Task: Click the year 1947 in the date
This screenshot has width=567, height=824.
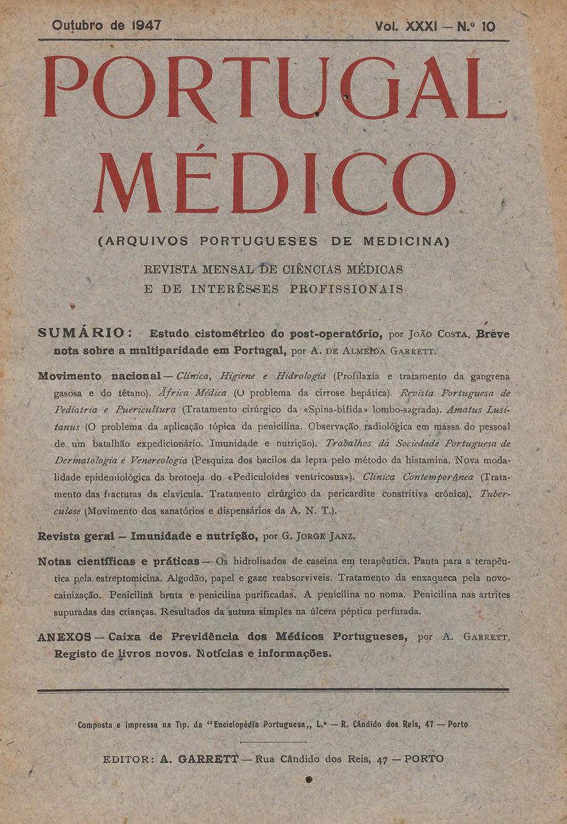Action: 146,26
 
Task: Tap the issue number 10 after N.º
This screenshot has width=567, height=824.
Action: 488,27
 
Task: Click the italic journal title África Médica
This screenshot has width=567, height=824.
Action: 193,392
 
